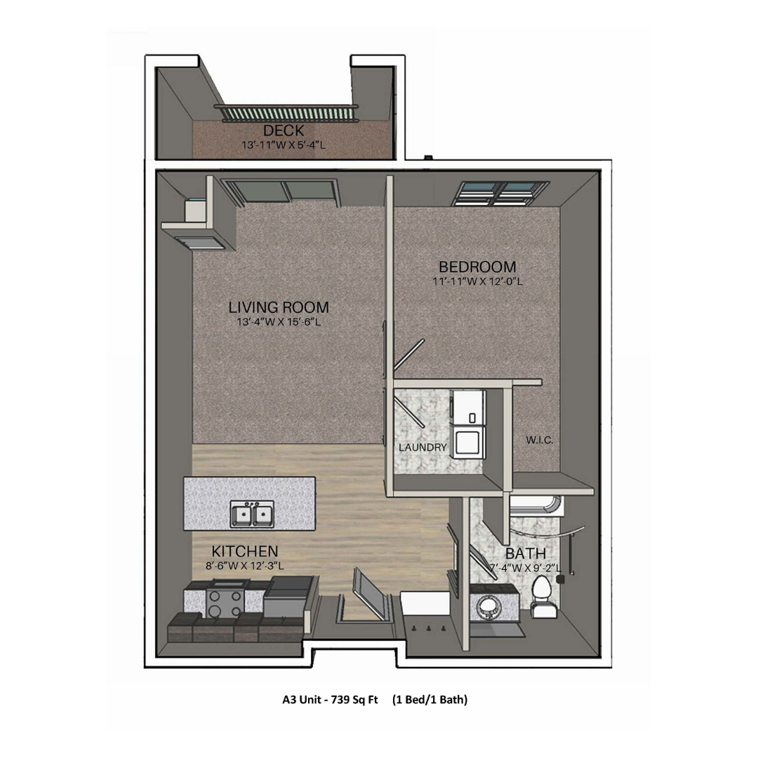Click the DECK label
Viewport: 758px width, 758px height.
(x=284, y=131)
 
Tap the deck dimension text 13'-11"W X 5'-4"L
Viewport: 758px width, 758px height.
(x=284, y=145)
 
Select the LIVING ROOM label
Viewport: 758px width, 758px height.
(x=279, y=307)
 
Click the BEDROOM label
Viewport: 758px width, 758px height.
(x=478, y=267)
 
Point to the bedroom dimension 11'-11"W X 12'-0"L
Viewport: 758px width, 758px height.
(x=478, y=281)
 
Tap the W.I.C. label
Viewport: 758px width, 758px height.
(x=540, y=440)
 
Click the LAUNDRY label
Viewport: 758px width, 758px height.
(x=423, y=448)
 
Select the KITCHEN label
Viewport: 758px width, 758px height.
(x=245, y=552)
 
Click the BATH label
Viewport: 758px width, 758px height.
(x=526, y=554)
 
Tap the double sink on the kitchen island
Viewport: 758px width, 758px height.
(x=252, y=514)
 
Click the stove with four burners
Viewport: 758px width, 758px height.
(x=225, y=604)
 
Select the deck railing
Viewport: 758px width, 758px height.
(x=286, y=113)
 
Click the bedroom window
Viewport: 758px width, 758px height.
(x=501, y=194)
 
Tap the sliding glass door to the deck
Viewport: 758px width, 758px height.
(x=281, y=192)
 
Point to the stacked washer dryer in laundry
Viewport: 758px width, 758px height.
(x=468, y=423)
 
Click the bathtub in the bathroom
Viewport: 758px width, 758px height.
(x=537, y=505)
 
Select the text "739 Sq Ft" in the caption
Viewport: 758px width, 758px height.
(x=354, y=700)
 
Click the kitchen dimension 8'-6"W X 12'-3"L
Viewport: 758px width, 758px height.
(x=245, y=566)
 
